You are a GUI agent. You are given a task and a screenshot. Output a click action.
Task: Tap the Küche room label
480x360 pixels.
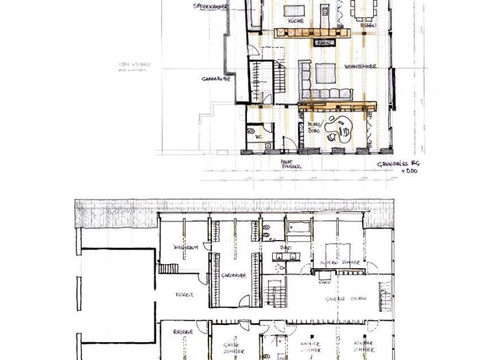(296, 21)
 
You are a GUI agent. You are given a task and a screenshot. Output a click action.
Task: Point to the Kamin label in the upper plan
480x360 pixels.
(323, 43)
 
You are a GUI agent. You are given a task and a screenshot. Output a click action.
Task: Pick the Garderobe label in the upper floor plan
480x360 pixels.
(215, 79)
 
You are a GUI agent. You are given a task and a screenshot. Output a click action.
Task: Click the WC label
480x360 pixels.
(259, 137)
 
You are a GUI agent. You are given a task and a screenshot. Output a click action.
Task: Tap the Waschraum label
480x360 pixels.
(186, 247)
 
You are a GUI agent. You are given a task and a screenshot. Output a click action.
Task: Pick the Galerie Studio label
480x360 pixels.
(345, 298)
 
